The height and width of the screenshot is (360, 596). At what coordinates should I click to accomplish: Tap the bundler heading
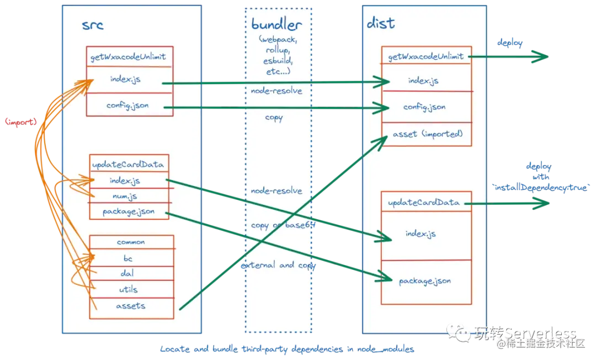click(x=276, y=24)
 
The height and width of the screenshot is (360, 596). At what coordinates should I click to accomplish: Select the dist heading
click(x=381, y=23)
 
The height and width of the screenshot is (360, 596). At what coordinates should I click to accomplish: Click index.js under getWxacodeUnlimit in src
click(x=125, y=80)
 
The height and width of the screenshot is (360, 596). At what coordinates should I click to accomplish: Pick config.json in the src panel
click(x=127, y=105)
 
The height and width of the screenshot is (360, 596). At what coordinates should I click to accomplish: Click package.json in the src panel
click(x=129, y=211)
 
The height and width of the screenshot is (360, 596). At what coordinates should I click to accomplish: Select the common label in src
click(x=131, y=242)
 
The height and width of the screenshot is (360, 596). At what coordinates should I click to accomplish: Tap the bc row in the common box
click(x=127, y=258)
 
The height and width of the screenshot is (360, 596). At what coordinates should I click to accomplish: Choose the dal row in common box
click(x=127, y=273)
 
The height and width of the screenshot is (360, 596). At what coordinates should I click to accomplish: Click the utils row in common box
click(x=127, y=289)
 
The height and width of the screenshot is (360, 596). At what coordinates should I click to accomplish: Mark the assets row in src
click(x=130, y=305)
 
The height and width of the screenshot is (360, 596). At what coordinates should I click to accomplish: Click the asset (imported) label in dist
click(x=428, y=134)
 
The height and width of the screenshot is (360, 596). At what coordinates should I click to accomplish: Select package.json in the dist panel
click(x=425, y=281)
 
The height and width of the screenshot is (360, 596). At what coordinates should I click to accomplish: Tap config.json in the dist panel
click(x=424, y=107)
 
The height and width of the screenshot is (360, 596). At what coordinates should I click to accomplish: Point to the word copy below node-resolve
click(x=274, y=118)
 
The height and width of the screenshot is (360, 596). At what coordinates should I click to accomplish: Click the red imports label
click(x=20, y=121)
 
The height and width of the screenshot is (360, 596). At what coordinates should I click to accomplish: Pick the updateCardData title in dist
click(x=424, y=203)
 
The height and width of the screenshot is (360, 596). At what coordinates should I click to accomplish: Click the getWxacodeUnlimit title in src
click(x=128, y=56)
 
